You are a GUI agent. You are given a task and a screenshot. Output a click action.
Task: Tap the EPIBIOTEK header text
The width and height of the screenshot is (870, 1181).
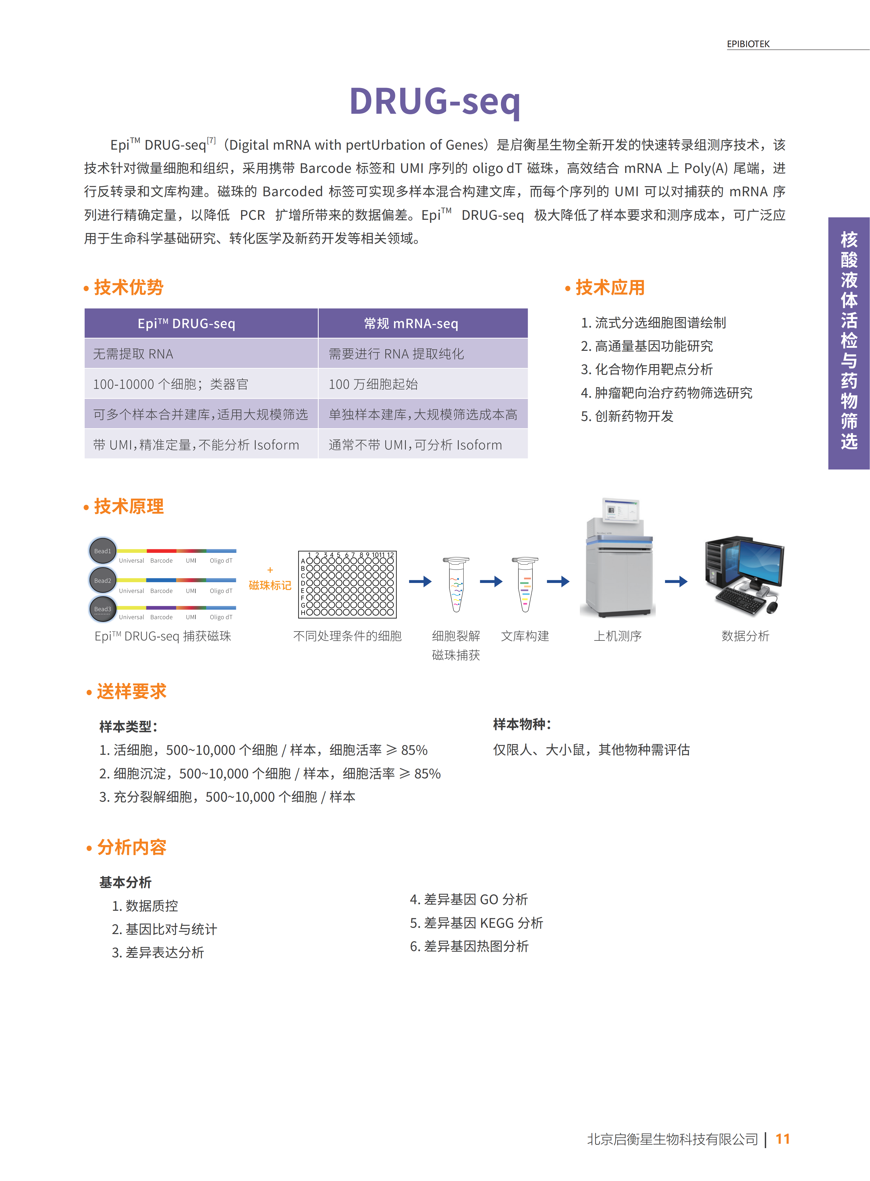coord(748,44)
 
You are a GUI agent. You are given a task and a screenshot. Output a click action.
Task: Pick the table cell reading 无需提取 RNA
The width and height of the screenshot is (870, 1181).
coord(133,354)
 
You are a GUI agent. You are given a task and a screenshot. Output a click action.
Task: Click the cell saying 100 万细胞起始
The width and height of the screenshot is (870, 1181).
coord(373,384)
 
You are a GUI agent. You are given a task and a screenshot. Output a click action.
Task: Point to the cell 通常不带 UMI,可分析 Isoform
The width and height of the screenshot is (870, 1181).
coord(415,445)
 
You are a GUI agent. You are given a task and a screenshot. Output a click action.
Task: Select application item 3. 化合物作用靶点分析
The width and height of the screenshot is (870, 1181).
coord(647,369)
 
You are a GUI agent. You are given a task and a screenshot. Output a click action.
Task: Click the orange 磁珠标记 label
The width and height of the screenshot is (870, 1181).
coord(270,585)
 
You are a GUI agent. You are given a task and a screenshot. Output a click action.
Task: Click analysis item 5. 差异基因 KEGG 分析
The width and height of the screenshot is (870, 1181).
coord(476,923)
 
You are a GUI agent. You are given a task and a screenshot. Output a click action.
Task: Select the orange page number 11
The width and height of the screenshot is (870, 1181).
coord(783,1139)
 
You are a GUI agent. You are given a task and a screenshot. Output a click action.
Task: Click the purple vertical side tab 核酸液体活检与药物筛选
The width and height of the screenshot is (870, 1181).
coord(848,342)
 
